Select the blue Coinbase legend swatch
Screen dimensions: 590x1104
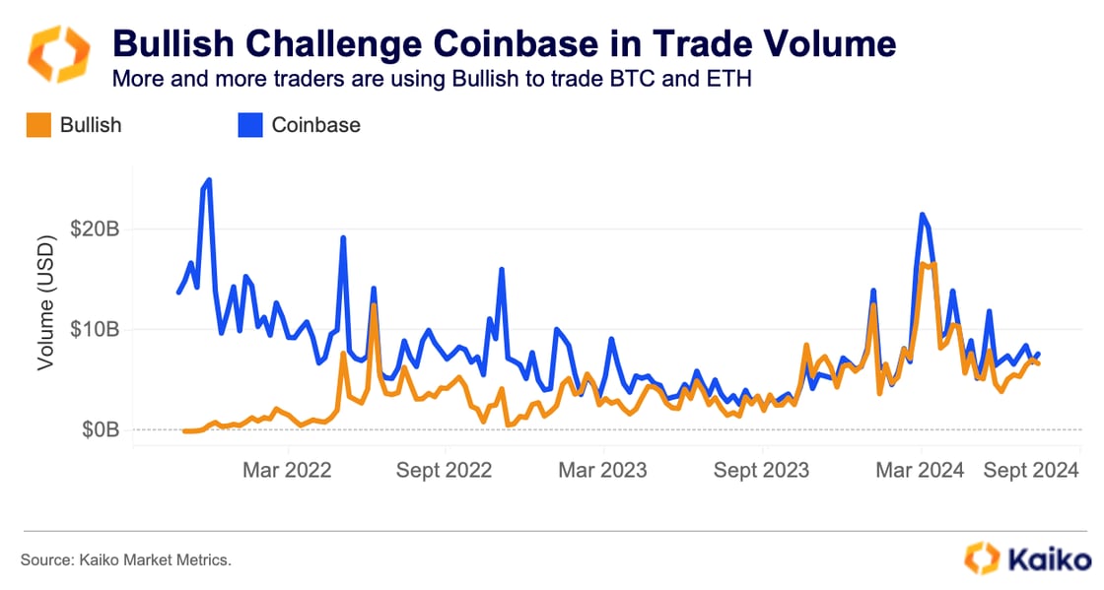(249, 125)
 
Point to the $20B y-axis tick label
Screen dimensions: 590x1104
(96, 229)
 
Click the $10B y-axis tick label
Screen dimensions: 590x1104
(96, 329)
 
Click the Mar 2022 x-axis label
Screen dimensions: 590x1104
(285, 470)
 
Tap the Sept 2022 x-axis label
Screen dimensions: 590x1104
(444, 470)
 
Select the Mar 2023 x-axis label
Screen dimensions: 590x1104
(602, 470)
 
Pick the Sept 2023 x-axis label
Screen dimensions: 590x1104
(761, 470)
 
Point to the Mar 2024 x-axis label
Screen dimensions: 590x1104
(920, 470)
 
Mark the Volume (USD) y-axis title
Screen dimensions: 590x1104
(45, 304)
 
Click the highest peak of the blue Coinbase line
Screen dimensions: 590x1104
(209, 180)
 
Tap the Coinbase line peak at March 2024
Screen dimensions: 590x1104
(922, 215)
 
